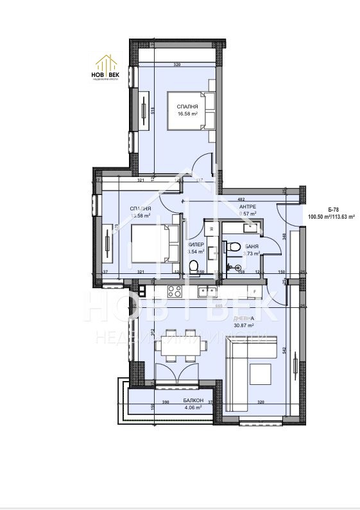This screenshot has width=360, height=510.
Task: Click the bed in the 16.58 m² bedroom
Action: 187,110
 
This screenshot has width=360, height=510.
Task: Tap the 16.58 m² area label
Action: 187,114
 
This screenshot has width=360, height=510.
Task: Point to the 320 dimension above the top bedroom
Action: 176,65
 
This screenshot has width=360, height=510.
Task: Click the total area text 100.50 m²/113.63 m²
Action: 332,217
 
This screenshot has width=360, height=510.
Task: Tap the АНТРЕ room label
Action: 248,207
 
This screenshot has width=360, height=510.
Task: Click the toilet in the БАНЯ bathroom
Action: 236,246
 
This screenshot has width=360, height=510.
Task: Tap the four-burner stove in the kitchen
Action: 175,292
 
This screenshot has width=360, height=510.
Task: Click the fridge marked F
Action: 255,293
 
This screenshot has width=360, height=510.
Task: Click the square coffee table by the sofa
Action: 261,373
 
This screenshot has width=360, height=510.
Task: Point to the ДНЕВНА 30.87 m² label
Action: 244,322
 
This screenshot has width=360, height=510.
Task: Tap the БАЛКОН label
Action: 192,400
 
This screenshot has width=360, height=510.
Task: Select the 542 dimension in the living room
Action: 284,352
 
